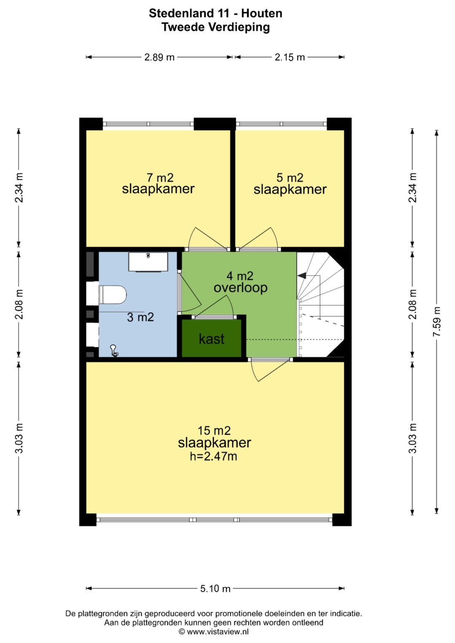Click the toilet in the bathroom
coord(112,294)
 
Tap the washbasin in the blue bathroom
coord(148,262)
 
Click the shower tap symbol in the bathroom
coord(114,350)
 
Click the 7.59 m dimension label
coord(436,321)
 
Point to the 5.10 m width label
coord(215,589)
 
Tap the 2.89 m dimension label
coord(159,57)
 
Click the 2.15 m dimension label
coord(289,57)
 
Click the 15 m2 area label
coord(214,431)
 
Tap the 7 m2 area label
coord(160,178)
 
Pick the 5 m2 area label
coord(290,178)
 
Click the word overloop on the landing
coord(241,288)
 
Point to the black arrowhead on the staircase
coord(301,275)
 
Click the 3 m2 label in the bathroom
coord(140,317)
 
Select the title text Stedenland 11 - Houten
coord(215,13)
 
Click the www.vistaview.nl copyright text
coord(214,632)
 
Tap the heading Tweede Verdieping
coord(215,27)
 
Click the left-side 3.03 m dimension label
coord(19,438)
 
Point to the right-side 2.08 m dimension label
coord(412,304)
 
